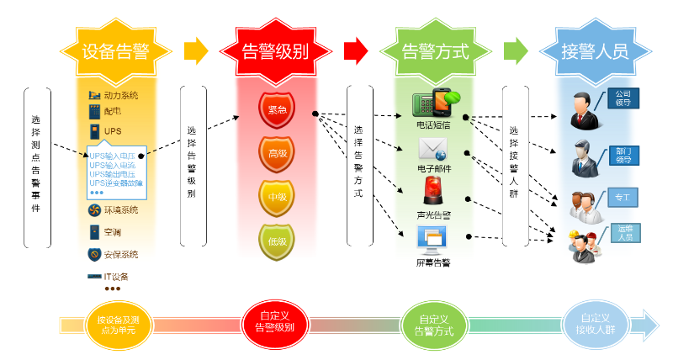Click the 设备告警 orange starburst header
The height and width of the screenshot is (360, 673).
[x=116, y=50]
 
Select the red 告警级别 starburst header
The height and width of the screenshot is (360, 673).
[x=274, y=50]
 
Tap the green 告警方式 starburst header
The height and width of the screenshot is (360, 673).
[x=435, y=50]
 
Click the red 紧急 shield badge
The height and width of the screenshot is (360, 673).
[x=277, y=110]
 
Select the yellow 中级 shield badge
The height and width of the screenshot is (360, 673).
[x=277, y=198]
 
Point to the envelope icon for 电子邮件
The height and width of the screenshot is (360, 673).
[x=432, y=150]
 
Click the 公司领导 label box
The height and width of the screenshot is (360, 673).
[x=623, y=98]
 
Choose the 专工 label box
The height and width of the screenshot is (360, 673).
[x=623, y=199]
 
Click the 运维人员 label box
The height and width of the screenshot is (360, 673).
[x=623, y=232]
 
